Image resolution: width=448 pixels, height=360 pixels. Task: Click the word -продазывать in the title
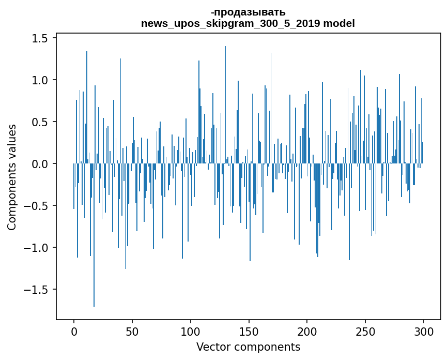248,12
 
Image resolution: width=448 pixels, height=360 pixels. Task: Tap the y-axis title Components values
11,176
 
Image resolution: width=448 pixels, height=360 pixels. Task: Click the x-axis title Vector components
248,347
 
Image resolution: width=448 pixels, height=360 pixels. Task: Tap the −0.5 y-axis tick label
38,206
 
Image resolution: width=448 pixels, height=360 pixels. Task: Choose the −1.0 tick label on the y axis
38,248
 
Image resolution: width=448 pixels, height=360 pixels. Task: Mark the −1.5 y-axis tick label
38,290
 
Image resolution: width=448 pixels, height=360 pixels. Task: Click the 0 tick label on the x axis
74,331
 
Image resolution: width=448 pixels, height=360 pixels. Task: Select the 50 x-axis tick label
132,331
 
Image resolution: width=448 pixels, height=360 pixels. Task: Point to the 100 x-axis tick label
191,331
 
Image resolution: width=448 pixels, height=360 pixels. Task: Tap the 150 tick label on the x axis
249,331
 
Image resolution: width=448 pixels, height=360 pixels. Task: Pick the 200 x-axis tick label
307,331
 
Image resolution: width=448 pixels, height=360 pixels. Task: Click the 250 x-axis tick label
365,331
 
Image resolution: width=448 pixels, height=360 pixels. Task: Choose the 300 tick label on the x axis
424,331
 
